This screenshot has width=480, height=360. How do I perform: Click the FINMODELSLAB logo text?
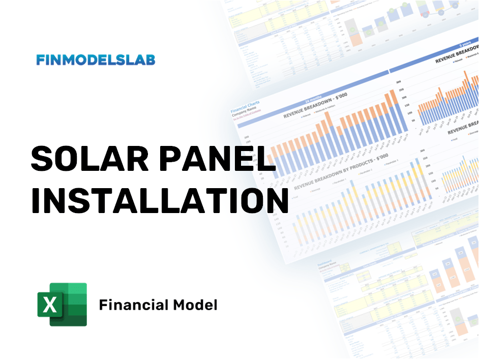[96, 60]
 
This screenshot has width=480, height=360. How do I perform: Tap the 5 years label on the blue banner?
[464, 45]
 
